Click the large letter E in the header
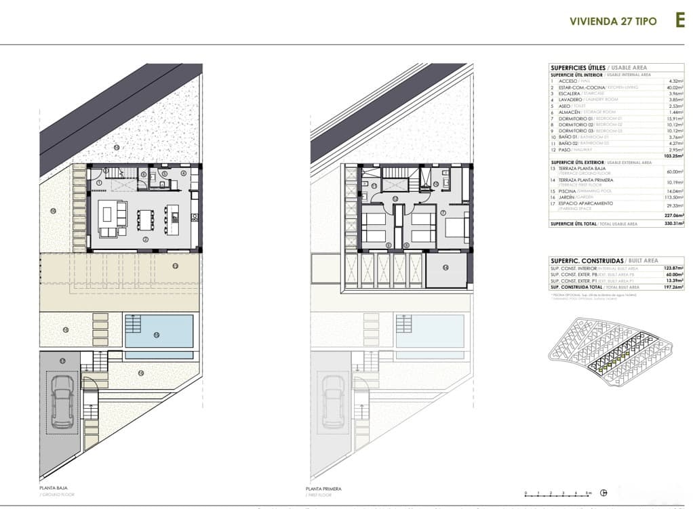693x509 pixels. pos(680,20)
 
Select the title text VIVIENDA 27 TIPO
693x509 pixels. pos(613,21)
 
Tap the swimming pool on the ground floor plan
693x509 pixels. pos(159,331)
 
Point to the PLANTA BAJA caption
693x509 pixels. pos(54,488)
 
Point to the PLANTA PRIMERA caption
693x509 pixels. pos(323,489)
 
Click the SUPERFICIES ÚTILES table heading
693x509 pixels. pos(578,68)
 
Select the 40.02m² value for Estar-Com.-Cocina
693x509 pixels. pos(674,87)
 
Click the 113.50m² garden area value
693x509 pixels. pos(674,197)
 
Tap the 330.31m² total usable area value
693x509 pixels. pos(673,223)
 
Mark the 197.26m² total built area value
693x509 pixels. pos(673,287)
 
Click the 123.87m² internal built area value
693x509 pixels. pos(673,269)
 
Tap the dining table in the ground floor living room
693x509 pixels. pos(146,219)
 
